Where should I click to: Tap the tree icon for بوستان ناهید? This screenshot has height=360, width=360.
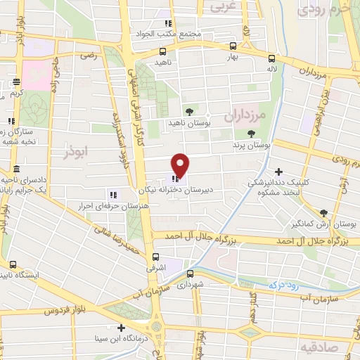click(188, 111)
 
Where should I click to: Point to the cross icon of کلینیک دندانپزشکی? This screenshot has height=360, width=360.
click(279, 172)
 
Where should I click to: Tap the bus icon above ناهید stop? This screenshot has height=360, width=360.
click(163, 51)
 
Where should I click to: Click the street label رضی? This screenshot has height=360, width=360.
click(87, 54)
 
